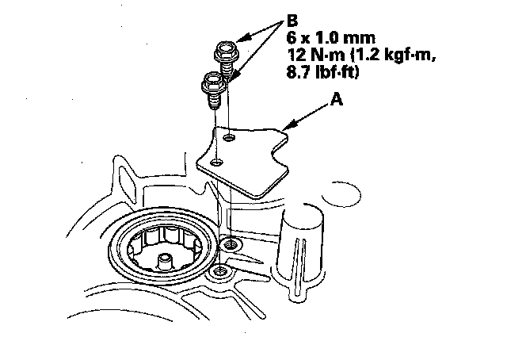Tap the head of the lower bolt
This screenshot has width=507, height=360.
(212, 79)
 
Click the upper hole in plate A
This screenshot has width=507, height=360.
(229, 140)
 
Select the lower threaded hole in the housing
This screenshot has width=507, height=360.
(219, 274)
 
